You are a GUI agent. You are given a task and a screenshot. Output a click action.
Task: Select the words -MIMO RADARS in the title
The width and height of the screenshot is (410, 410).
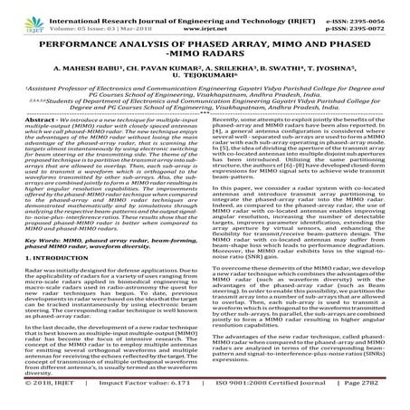click(x=205, y=55)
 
